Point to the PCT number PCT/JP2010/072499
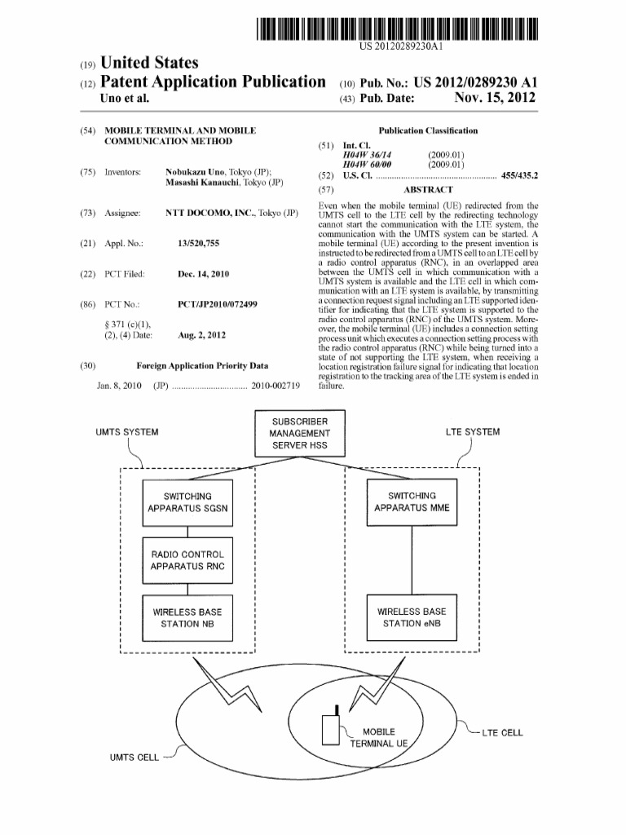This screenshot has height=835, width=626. coord(218,304)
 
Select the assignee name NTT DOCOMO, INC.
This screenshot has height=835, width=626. coord(209,213)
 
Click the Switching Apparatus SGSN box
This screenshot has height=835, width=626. coord(187,502)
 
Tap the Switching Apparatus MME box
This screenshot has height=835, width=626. coord(412,502)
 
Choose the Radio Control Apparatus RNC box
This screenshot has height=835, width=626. coord(187,560)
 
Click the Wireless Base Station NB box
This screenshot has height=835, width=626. coord(187,617)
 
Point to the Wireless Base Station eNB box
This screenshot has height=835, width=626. coord(412,617)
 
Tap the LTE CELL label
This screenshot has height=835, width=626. coord(502,732)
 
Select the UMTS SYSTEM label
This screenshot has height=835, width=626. coord(127,432)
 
